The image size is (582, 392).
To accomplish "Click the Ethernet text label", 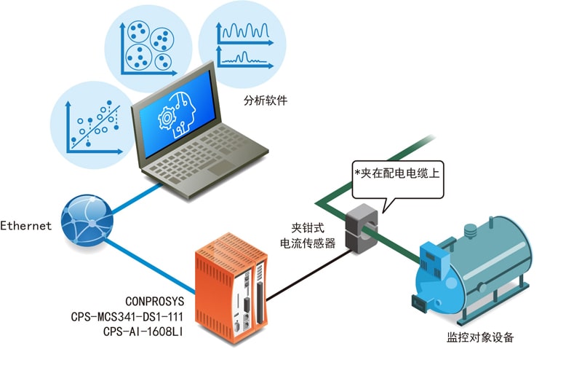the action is (25, 225).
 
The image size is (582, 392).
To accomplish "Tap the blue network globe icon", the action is (87, 220).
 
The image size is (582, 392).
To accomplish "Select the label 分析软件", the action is (266, 100).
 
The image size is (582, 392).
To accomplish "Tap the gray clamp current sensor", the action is (362, 227).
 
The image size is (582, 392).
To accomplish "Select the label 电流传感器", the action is (308, 243).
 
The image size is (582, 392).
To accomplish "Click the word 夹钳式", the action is (308, 227).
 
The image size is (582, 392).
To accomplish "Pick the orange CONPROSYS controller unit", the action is (231, 287).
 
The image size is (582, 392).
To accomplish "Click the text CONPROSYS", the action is (154, 301).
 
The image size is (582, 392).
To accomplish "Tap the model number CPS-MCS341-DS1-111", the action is (127, 317).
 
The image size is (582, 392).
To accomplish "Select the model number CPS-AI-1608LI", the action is (143, 332).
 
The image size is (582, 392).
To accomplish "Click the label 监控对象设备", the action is (480, 337).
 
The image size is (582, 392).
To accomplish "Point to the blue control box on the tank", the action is (434, 260).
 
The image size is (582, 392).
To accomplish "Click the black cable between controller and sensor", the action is (308, 275).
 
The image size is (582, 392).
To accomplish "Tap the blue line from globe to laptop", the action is (137, 198).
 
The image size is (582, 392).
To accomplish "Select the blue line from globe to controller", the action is (150, 266).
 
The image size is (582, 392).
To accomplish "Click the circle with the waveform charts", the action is (242, 44).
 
